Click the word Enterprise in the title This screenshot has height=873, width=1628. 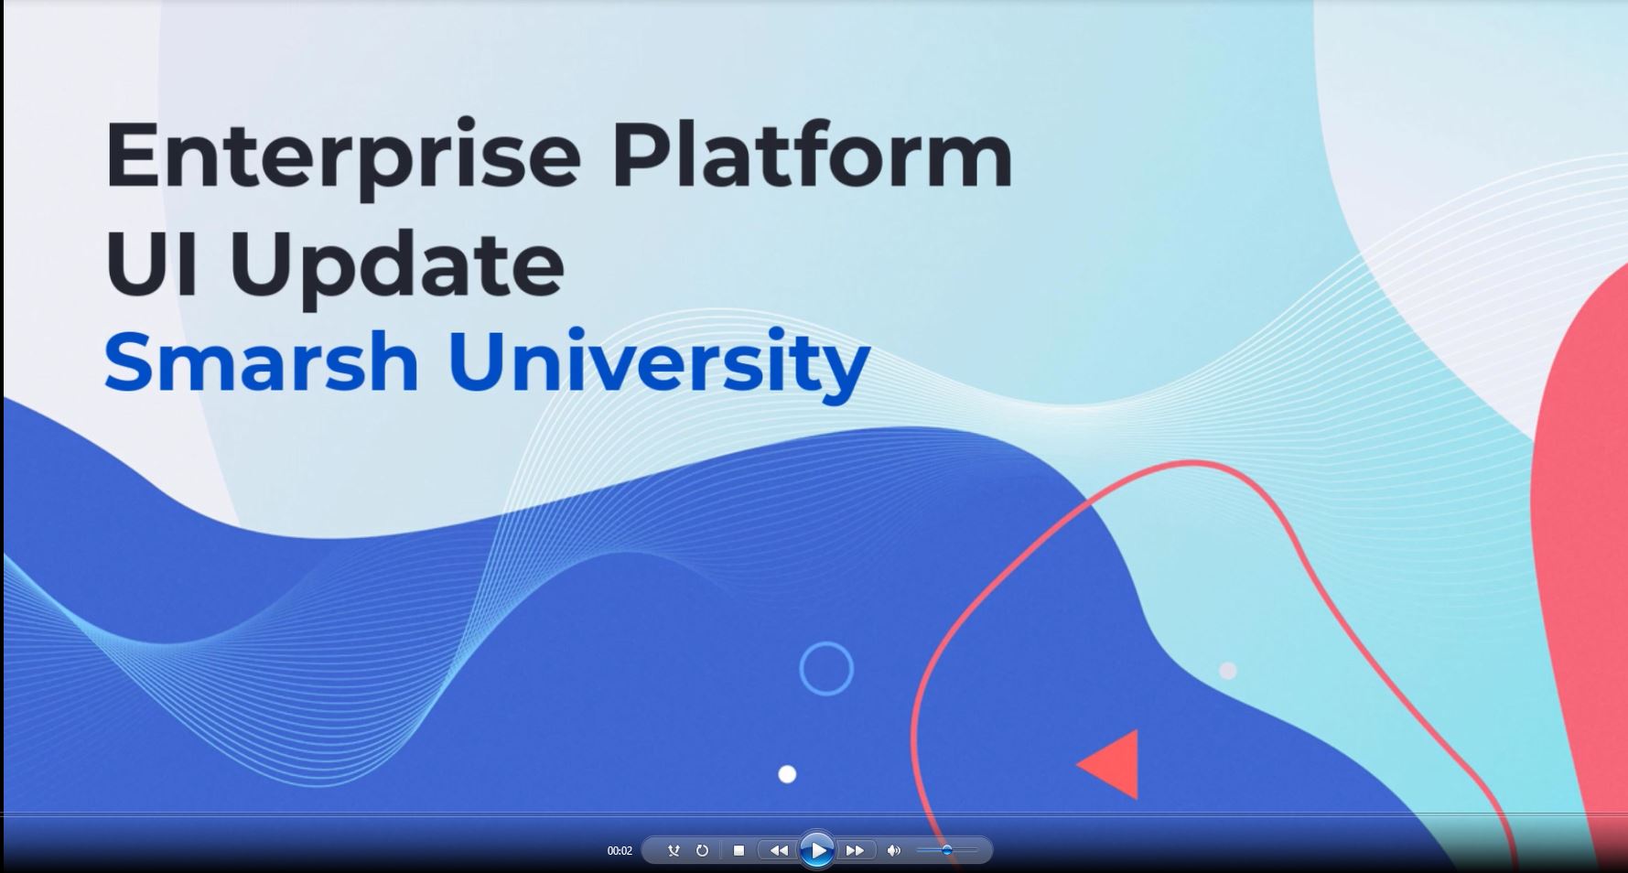[x=343, y=156]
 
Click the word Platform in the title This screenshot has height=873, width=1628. [x=812, y=156]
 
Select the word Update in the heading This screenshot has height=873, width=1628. [x=396, y=265]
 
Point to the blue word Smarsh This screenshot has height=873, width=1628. [x=262, y=362]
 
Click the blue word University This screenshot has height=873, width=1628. [x=658, y=362]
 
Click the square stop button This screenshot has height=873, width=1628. [x=739, y=850]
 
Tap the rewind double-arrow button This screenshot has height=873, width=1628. [x=778, y=850]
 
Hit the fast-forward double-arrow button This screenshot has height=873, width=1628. [x=855, y=850]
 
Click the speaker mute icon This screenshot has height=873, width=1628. [x=893, y=850]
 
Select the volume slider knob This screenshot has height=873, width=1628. [x=947, y=850]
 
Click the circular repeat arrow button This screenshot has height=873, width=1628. [x=702, y=850]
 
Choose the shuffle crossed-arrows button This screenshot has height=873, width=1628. [x=674, y=850]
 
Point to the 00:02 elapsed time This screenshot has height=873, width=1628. [x=620, y=851]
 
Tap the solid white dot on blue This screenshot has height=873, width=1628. [x=787, y=774]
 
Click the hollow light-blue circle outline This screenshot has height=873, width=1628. [x=826, y=669]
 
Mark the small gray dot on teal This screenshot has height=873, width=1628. [x=1228, y=671]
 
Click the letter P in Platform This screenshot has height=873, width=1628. [x=638, y=156]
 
